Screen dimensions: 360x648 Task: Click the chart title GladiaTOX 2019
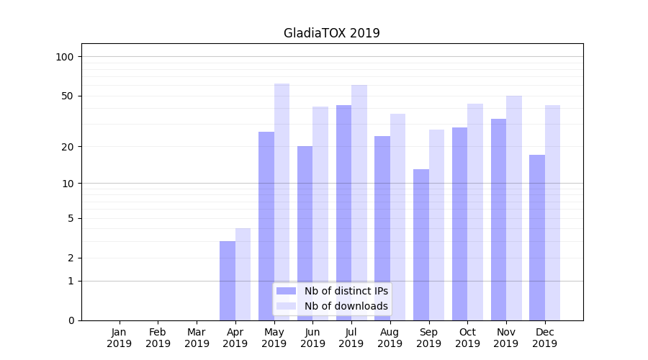click(x=331, y=33)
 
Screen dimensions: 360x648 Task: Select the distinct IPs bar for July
click(x=343, y=212)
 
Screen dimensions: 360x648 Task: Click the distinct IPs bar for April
click(x=228, y=281)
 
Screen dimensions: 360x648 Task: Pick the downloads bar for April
click(x=243, y=274)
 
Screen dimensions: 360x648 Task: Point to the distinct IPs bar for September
click(x=421, y=245)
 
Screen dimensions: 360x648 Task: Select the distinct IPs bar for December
click(x=537, y=238)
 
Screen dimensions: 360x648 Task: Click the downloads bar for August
click(x=398, y=217)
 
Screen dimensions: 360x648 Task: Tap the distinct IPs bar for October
click(x=459, y=224)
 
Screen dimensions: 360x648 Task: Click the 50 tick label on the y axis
click(x=68, y=96)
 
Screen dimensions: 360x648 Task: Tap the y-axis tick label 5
click(x=71, y=218)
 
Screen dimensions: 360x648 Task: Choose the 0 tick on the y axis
click(x=71, y=320)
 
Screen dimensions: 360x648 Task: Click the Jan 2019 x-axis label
click(x=120, y=338)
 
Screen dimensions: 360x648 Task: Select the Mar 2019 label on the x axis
click(x=197, y=338)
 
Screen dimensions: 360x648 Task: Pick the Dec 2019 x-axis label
click(x=545, y=338)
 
